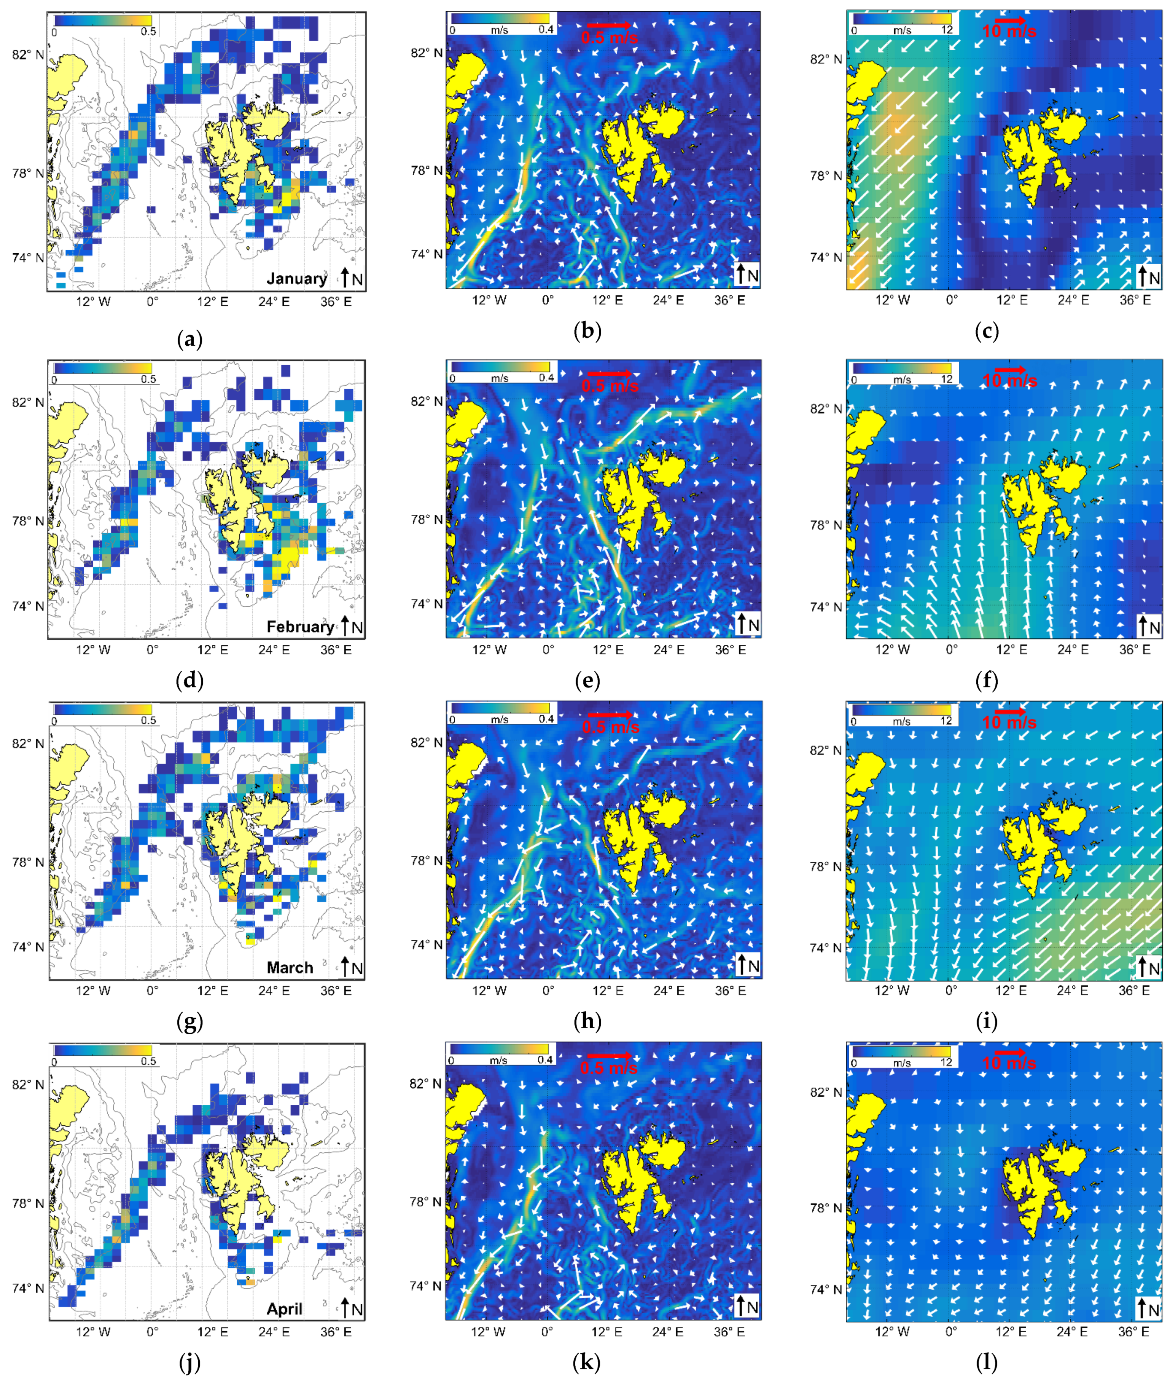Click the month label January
point(296,279)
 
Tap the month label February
point(300,627)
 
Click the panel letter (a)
point(190,340)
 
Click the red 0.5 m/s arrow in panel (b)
point(609,25)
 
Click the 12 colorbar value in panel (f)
point(947,380)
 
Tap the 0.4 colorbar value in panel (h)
point(546,719)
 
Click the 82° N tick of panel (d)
point(28,403)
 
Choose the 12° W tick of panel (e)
point(489,649)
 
